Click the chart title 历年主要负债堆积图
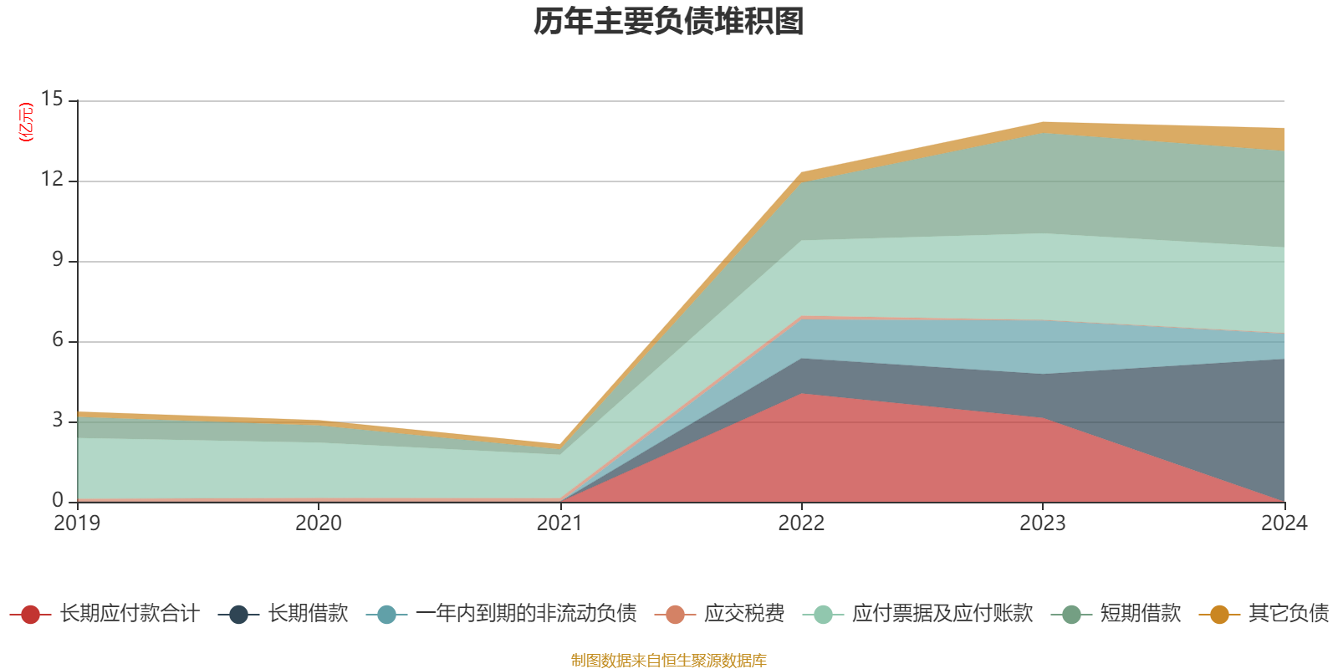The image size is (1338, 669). point(669,22)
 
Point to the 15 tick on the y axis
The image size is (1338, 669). point(52,100)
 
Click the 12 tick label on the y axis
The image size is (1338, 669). point(52,180)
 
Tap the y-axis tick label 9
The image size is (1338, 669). point(57,260)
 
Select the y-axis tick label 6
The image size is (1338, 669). point(57,340)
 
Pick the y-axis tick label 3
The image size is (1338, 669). point(57,421)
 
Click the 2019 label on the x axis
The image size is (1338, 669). point(77,523)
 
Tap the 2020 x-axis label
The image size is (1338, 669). point(319,523)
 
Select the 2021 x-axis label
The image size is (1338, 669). point(559,523)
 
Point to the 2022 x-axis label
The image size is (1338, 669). point(801,523)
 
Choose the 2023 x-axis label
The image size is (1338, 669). point(1042,523)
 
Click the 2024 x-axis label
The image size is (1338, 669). point(1284,523)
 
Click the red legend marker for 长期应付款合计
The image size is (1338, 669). point(30,615)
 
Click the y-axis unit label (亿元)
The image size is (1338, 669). point(26,122)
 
